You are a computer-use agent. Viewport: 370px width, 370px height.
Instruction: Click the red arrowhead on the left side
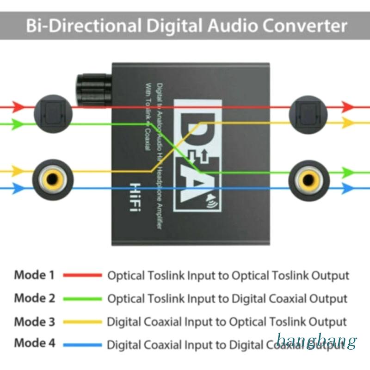tap(19, 106)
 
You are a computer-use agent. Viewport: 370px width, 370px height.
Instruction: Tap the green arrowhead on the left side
tap(18, 123)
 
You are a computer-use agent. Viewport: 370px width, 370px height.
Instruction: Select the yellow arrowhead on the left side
tap(18, 171)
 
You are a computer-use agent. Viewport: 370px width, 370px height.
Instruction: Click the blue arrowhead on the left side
tap(18, 188)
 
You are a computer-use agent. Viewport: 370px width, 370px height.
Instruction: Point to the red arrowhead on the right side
tap(347, 106)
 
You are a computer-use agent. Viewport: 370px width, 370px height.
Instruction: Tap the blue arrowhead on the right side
tap(348, 189)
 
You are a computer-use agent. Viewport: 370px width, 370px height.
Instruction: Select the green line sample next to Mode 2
tap(82, 299)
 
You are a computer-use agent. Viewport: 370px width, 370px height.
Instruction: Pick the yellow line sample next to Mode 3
tap(82, 321)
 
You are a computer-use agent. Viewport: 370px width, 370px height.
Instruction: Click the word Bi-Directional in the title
tap(81, 25)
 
